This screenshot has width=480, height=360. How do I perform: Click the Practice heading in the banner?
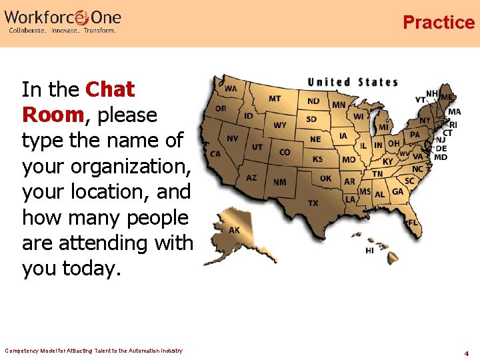[x=438, y=23]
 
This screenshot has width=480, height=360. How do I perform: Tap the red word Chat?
[x=111, y=89]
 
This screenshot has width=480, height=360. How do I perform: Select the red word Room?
[x=53, y=115]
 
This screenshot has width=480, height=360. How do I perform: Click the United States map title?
[x=352, y=83]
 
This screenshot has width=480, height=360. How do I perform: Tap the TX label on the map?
[x=313, y=203]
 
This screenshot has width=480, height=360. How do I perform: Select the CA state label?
[x=215, y=154]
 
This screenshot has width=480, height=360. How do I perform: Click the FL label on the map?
[x=413, y=221]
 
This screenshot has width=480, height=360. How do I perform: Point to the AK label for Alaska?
[x=235, y=230]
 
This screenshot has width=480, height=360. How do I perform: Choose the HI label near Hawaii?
[x=369, y=251]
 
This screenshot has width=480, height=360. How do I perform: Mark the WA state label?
[x=230, y=88]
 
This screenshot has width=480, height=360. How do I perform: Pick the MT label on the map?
[x=275, y=99]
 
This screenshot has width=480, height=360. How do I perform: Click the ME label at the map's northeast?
[x=447, y=97]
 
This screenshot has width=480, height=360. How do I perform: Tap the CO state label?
[x=285, y=152]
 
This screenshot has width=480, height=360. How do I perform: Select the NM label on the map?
[x=280, y=181]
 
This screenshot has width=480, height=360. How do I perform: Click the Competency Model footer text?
[x=93, y=351]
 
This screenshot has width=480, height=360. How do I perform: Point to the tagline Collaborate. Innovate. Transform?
[x=62, y=30]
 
